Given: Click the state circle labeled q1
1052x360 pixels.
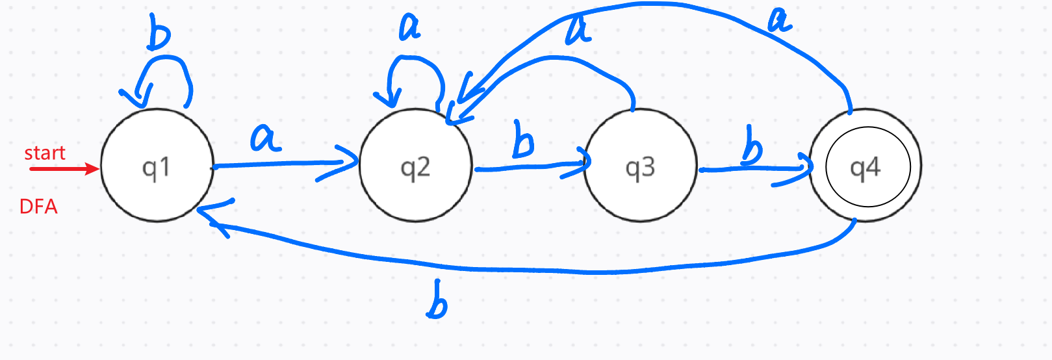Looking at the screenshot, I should [x=157, y=166].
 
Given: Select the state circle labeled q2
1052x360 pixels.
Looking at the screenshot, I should [x=416, y=166].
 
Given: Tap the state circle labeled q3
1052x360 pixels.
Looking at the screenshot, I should [x=641, y=166].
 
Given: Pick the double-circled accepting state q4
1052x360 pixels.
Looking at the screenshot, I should [x=865, y=166].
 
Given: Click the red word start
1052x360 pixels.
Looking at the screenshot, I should [x=45, y=153].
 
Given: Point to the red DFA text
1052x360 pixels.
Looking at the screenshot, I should [x=38, y=207].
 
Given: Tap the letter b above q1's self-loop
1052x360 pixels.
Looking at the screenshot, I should [x=158, y=32].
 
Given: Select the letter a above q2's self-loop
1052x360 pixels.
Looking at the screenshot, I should [x=410, y=27].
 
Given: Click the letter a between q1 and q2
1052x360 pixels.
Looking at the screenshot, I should [x=265, y=138].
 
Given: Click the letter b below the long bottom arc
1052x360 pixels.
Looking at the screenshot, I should [x=437, y=301].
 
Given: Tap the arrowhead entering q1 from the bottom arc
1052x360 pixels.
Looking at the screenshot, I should [x=211, y=218].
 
